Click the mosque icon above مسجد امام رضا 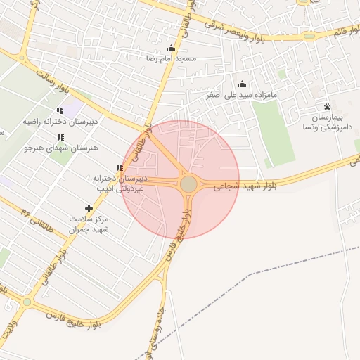coord(171,48)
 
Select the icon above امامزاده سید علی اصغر coord(243,84)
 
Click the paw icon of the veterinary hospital coord(327,106)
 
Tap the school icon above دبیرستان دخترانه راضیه coord(60,110)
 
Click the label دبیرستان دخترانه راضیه coord(60,122)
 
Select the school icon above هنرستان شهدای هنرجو coord(60,137)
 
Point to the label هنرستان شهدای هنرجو coord(60,148)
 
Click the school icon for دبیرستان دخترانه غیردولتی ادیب coord(120,167)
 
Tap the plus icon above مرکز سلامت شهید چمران coord(89,208)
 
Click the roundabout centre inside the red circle coord(188,184)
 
